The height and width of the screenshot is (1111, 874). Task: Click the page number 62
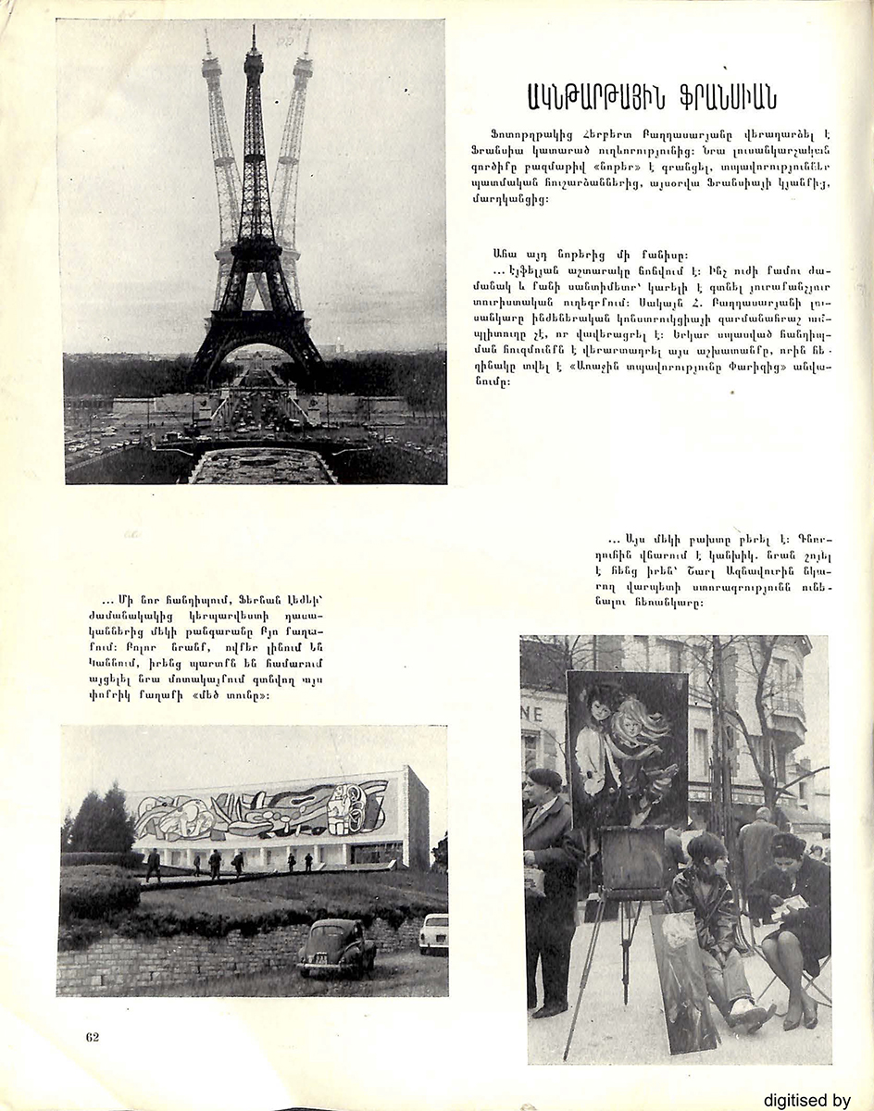point(92,1036)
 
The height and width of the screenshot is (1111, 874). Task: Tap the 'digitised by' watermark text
point(806,1100)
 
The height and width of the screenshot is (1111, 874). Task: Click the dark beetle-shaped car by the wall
point(336,947)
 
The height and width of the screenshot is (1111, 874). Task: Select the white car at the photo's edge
point(433,933)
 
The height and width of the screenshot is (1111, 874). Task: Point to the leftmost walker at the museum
point(154,864)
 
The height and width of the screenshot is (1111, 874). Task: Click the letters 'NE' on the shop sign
point(532,714)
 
